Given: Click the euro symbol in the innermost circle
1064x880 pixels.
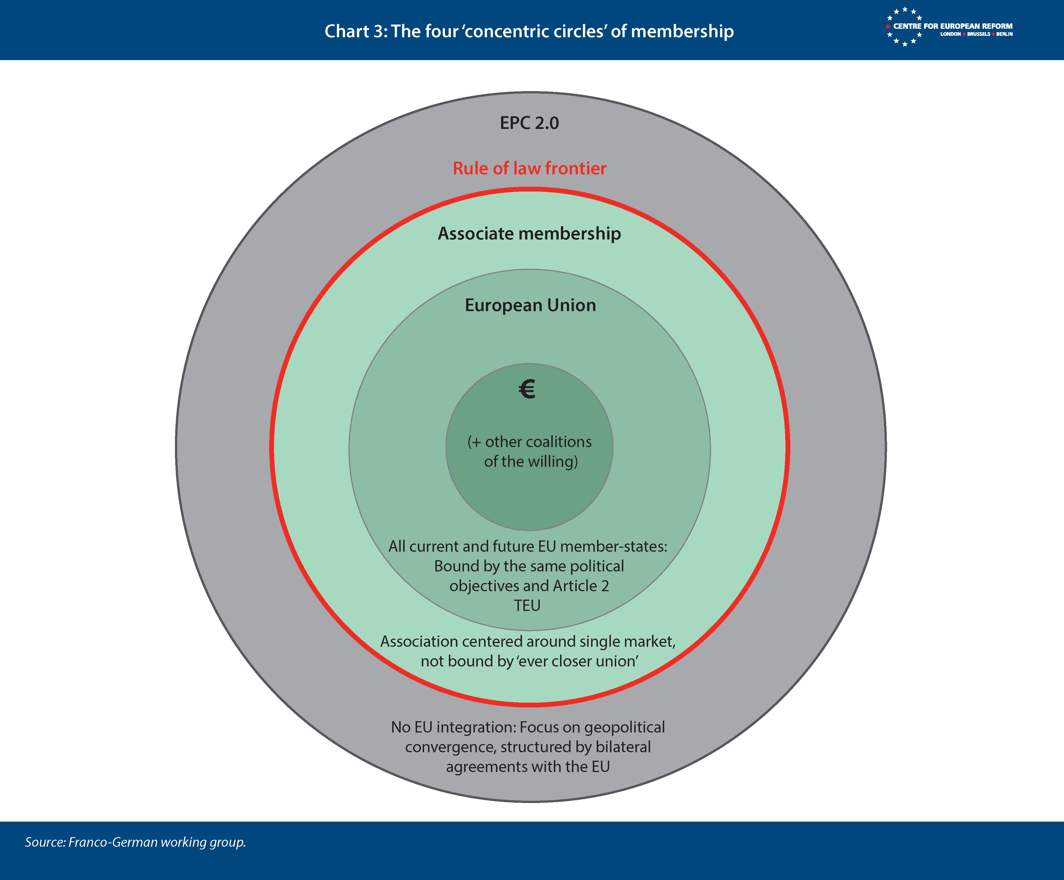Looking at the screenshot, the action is (527, 389).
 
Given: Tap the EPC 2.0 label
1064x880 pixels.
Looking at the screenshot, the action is (530, 123).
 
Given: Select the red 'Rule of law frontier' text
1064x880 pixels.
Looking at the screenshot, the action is (530, 168).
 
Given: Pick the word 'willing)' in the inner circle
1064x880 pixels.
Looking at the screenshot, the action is (552, 461).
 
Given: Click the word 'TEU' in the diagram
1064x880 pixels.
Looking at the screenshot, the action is (527, 605).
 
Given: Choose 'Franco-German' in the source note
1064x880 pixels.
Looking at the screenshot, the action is (113, 842).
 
